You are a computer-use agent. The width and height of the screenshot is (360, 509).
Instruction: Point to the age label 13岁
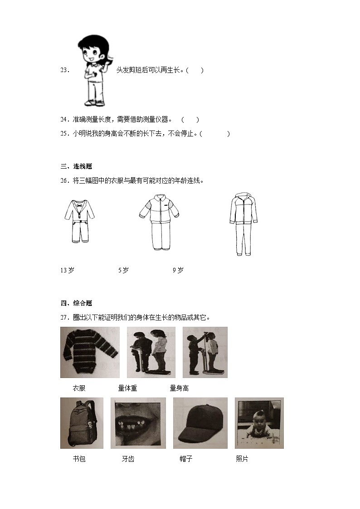point(67,271)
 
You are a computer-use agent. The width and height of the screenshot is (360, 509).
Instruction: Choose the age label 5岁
point(123,271)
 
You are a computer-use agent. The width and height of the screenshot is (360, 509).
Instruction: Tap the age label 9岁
point(178,271)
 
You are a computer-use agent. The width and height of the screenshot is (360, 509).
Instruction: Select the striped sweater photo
point(90,353)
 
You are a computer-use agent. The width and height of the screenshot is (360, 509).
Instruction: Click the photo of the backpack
point(82,423)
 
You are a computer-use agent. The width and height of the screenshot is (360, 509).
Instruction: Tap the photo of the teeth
point(138,423)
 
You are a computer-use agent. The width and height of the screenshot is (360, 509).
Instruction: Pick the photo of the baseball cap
point(200,423)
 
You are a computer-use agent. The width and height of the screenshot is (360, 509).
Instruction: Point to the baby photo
point(259,423)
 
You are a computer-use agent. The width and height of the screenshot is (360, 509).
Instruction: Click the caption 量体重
point(127,388)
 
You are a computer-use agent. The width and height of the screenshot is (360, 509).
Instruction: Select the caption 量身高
point(179,388)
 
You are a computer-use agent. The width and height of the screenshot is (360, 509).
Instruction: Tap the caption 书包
point(79,459)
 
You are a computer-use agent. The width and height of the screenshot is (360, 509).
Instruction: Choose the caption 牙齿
point(128,459)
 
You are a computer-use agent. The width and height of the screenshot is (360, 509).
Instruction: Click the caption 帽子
point(186,459)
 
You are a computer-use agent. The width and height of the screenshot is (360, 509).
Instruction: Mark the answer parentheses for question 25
point(214,134)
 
